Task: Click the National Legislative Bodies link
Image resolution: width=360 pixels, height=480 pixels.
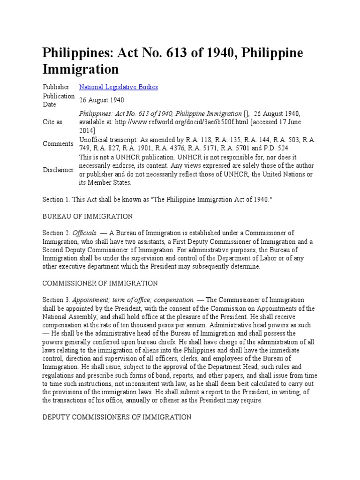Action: [x=118, y=87]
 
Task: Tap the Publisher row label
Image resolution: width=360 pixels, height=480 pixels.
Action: [x=56, y=87]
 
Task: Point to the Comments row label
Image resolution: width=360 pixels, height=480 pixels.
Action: [x=58, y=143]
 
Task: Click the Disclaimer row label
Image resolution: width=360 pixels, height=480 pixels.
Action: [x=58, y=170]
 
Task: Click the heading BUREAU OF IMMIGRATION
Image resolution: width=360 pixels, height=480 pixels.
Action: [x=88, y=216]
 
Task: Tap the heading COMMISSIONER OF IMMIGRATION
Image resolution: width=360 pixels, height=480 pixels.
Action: [x=100, y=283]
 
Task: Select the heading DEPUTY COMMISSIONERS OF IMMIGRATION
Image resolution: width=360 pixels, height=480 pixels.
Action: [x=117, y=417]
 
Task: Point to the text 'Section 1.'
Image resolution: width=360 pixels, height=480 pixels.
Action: [x=56, y=199]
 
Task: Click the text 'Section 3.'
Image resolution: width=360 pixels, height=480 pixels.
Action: [x=56, y=300]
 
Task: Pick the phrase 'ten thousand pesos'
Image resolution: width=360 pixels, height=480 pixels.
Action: [x=150, y=325]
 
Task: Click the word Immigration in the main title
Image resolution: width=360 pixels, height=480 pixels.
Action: [x=81, y=69]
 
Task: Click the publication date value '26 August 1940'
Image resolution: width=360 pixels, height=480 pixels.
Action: [x=101, y=100]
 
